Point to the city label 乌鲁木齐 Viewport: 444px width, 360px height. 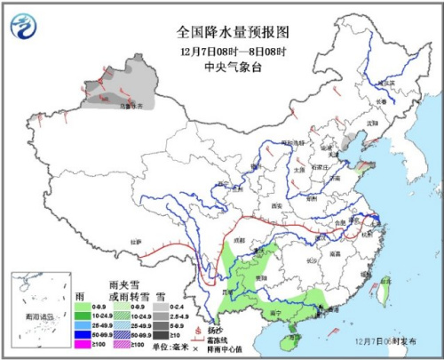point(131,106)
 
